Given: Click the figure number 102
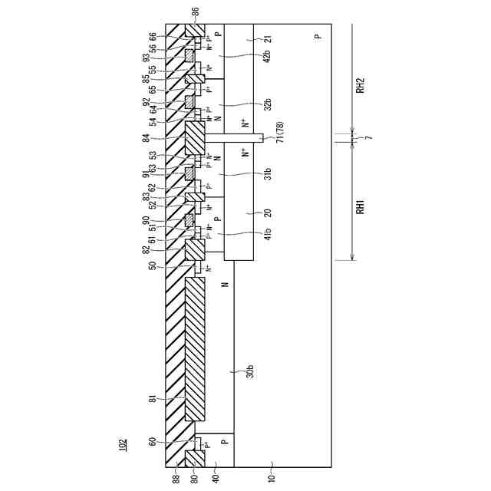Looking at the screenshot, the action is [123, 444].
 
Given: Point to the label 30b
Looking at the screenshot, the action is [250, 371].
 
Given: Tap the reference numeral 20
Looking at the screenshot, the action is [246, 213].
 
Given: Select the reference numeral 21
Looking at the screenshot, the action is [246, 40].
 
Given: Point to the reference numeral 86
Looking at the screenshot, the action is [195, 12].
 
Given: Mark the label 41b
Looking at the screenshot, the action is [245, 234].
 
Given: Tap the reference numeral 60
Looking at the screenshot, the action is [153, 442].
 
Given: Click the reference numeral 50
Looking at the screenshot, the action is [153, 265].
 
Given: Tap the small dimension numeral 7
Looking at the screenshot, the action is [368, 138].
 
